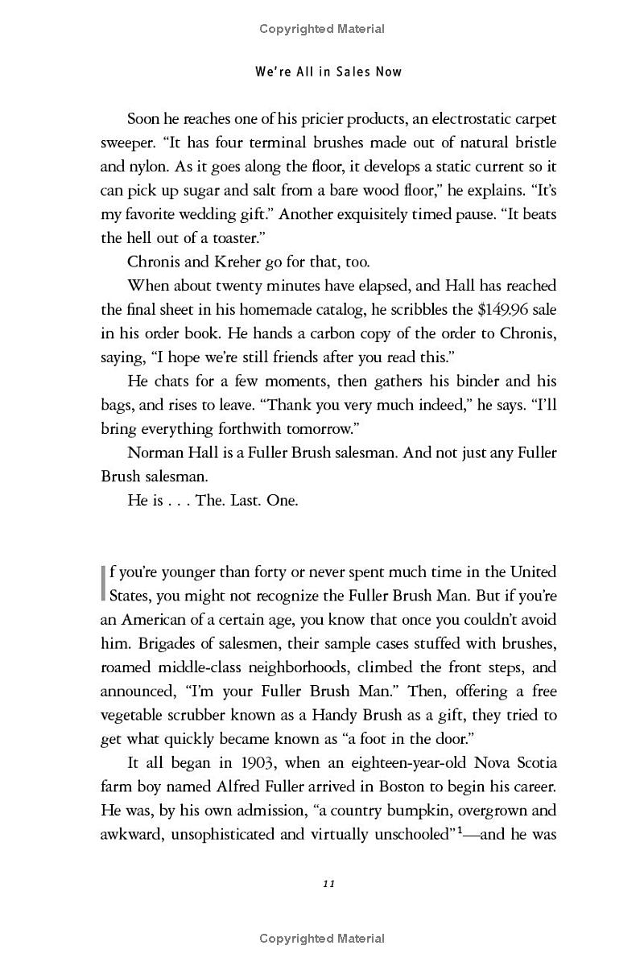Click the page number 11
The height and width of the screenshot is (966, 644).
click(328, 883)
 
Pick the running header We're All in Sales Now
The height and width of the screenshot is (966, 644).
click(328, 72)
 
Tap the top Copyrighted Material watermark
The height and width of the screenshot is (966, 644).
click(322, 29)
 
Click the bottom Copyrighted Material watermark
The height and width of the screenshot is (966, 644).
click(322, 938)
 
